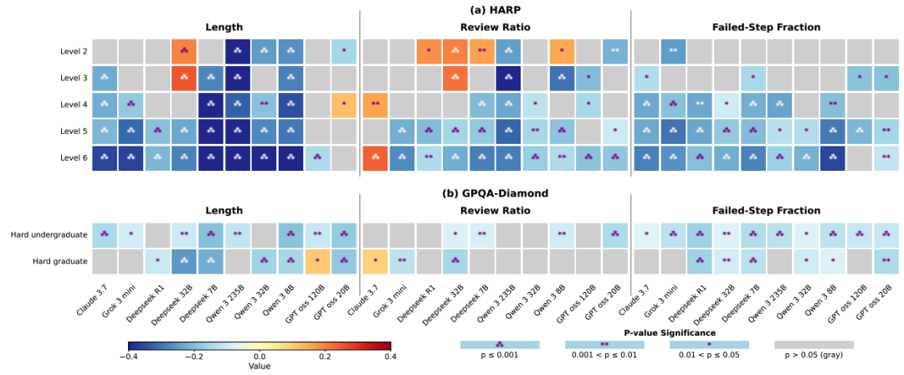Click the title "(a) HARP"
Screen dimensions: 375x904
495,10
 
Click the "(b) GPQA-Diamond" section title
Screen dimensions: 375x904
495,193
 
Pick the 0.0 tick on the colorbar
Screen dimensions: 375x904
259,356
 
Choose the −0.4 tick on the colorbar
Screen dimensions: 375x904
129,356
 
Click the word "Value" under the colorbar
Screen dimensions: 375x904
259,366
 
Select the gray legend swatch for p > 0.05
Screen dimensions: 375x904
814,344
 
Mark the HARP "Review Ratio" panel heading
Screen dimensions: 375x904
495,26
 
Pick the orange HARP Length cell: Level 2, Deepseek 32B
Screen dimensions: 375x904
184,52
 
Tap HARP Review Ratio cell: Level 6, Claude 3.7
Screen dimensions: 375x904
374,157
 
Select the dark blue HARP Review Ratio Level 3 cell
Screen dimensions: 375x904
508,79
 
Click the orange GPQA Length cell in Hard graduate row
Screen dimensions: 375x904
318,261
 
